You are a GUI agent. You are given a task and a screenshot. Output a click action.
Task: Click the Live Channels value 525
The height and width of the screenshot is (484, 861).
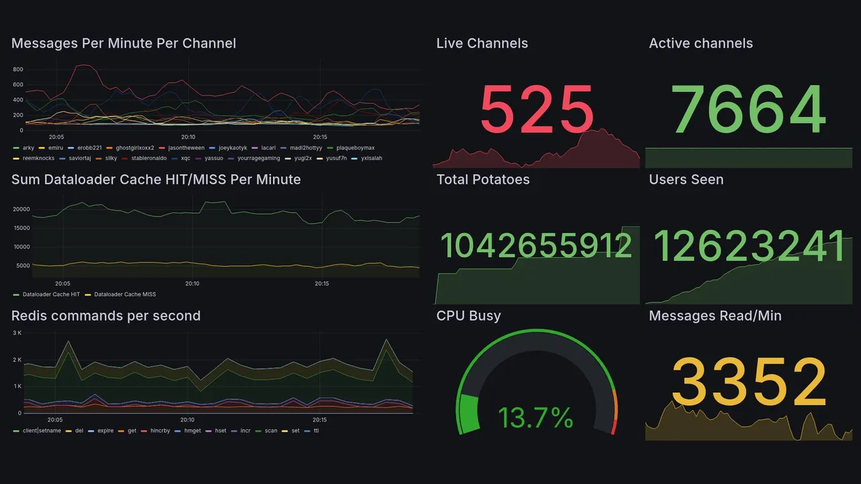click(537, 109)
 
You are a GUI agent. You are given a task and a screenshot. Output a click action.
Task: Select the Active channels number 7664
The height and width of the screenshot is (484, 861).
click(749, 109)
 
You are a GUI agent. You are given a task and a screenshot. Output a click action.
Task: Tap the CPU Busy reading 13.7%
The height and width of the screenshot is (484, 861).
click(535, 418)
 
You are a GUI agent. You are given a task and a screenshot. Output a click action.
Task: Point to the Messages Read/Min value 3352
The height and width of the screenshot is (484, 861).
click(749, 382)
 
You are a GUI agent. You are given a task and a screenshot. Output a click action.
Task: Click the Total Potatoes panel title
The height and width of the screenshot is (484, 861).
click(482, 179)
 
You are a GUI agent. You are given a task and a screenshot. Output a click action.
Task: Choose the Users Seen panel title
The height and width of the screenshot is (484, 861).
click(686, 179)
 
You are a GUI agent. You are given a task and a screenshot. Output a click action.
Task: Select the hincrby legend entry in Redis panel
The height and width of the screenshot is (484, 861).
click(160, 430)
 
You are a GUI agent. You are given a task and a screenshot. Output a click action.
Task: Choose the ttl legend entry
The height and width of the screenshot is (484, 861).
click(316, 430)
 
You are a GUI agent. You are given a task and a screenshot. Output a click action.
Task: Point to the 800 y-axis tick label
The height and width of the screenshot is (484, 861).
click(17, 69)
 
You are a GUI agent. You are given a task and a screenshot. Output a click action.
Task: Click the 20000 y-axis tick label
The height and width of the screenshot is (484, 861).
click(22, 209)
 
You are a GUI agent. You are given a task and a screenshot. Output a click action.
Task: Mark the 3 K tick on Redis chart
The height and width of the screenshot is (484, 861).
click(17, 333)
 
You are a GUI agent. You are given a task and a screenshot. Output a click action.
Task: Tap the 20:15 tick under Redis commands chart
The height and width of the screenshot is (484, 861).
click(320, 419)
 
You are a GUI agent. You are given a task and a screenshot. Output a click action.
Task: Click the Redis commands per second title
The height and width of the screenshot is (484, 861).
click(106, 316)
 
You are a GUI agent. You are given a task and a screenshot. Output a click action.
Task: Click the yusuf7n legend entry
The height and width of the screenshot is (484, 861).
click(335, 158)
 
